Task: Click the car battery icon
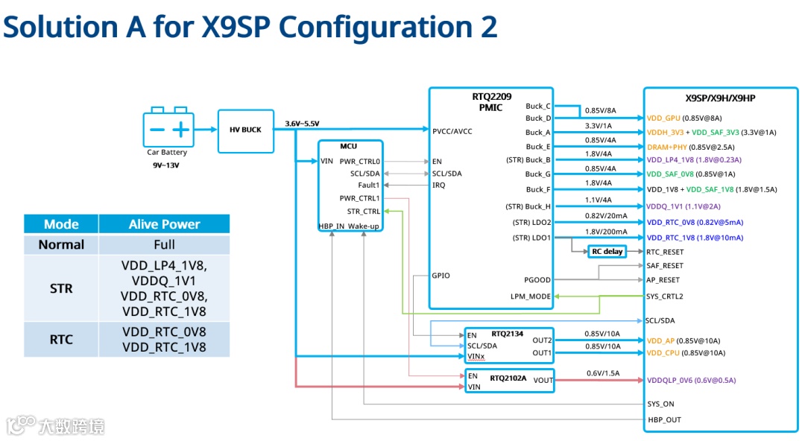tap(168, 129)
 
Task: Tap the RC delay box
tap(607, 252)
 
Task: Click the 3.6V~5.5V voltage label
tap(302, 124)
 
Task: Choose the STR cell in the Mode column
tap(61, 288)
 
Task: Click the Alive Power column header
tap(164, 224)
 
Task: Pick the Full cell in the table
tap(164, 244)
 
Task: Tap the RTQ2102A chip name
tap(508, 378)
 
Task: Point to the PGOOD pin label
tap(537, 280)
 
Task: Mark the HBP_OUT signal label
tap(664, 420)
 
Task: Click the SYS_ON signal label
tap(660, 404)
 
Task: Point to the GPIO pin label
tap(441, 276)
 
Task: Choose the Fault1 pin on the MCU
tap(369, 185)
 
